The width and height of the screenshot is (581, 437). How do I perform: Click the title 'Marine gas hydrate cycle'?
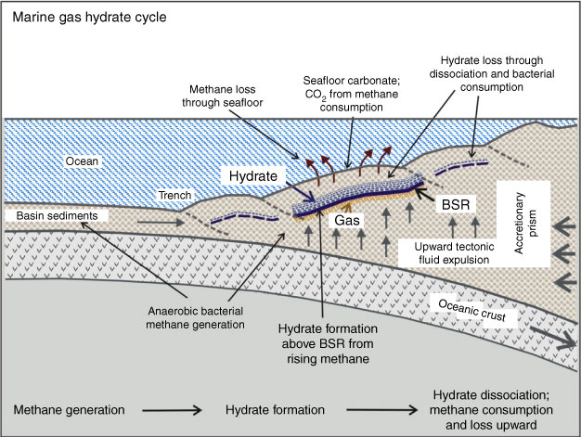coord(81,17)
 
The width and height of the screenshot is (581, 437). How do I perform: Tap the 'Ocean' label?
coord(41,161)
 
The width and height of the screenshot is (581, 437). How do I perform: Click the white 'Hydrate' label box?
coord(253,174)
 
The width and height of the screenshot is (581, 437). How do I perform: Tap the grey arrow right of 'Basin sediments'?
coord(133,222)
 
